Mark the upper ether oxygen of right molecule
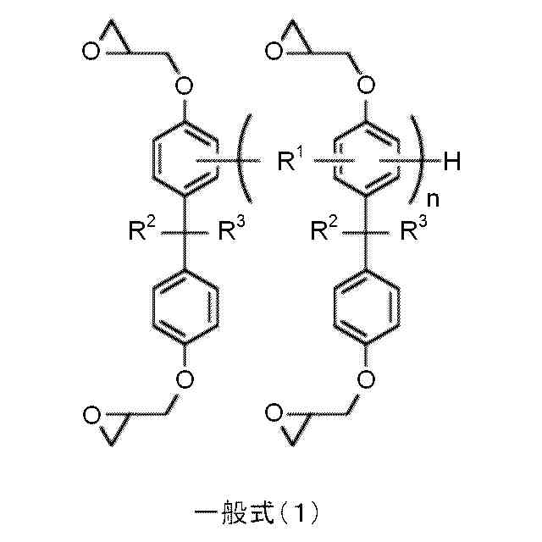coord(366,86)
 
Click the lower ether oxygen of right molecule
coord(366,377)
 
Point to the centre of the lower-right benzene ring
coord(366,307)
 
